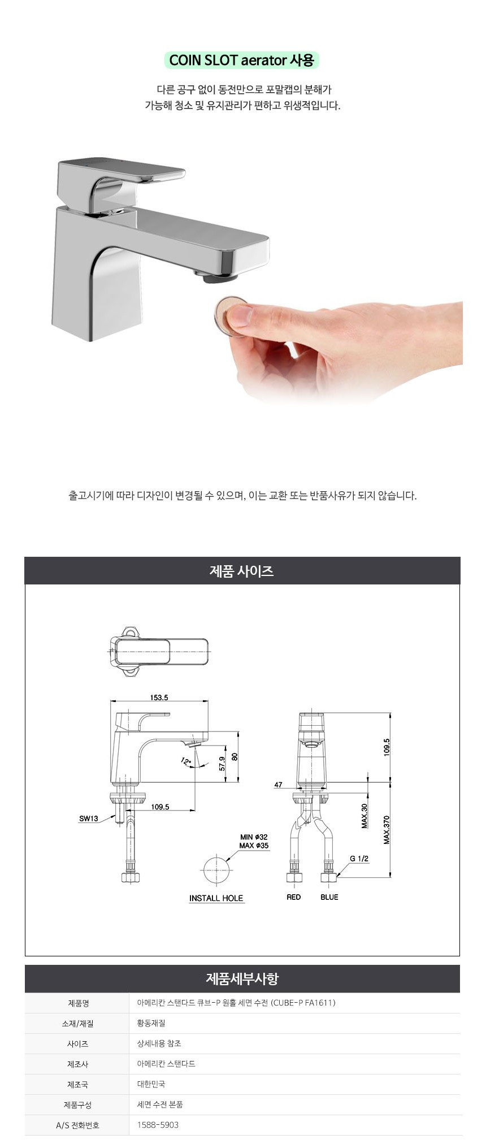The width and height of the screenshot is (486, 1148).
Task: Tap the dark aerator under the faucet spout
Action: tap(218, 276)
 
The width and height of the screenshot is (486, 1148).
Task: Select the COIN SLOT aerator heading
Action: tap(241, 60)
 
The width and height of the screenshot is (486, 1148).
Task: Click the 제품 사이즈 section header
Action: tap(242, 571)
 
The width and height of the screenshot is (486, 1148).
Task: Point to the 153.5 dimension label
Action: tap(159, 698)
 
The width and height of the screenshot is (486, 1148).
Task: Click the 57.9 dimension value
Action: tap(223, 763)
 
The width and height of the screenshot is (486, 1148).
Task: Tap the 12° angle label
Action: tap(186, 761)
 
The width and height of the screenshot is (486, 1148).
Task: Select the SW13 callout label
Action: tap(89, 818)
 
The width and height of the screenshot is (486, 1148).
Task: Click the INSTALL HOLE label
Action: tap(216, 898)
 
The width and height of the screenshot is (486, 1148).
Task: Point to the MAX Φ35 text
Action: tap(254, 846)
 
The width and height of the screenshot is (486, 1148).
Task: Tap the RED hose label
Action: tap(294, 897)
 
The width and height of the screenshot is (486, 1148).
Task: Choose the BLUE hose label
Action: tap(329, 897)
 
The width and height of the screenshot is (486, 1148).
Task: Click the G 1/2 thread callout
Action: tap(359, 859)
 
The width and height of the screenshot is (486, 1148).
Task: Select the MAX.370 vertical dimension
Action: tap(387, 830)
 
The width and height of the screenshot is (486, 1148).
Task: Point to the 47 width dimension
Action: tap(278, 785)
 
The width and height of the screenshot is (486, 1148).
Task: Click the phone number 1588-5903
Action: tap(158, 1125)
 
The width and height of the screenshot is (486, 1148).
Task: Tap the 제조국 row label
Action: tap(77, 1084)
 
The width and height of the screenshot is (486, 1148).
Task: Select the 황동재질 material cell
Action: tap(151, 1023)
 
